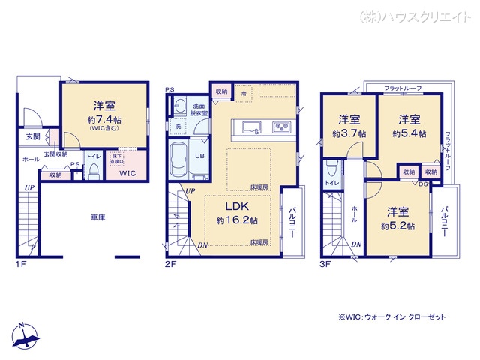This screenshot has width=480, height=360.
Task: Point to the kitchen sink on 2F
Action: coord(250,126)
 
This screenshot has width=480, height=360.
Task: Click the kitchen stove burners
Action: coord(281,127)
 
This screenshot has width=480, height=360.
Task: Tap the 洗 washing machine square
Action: coord(178,126)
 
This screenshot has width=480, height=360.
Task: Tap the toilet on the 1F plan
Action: coord(93,172)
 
